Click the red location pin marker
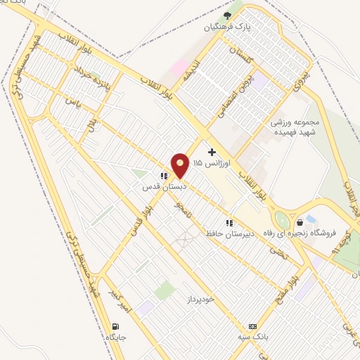(x=181, y=165)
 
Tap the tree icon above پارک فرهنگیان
(x=226, y=15)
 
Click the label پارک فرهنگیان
(x=227, y=27)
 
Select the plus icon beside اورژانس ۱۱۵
(x=212, y=152)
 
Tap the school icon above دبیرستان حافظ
(x=229, y=222)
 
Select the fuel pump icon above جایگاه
(x=115, y=326)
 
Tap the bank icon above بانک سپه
(x=252, y=326)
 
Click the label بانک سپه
(x=252, y=337)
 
